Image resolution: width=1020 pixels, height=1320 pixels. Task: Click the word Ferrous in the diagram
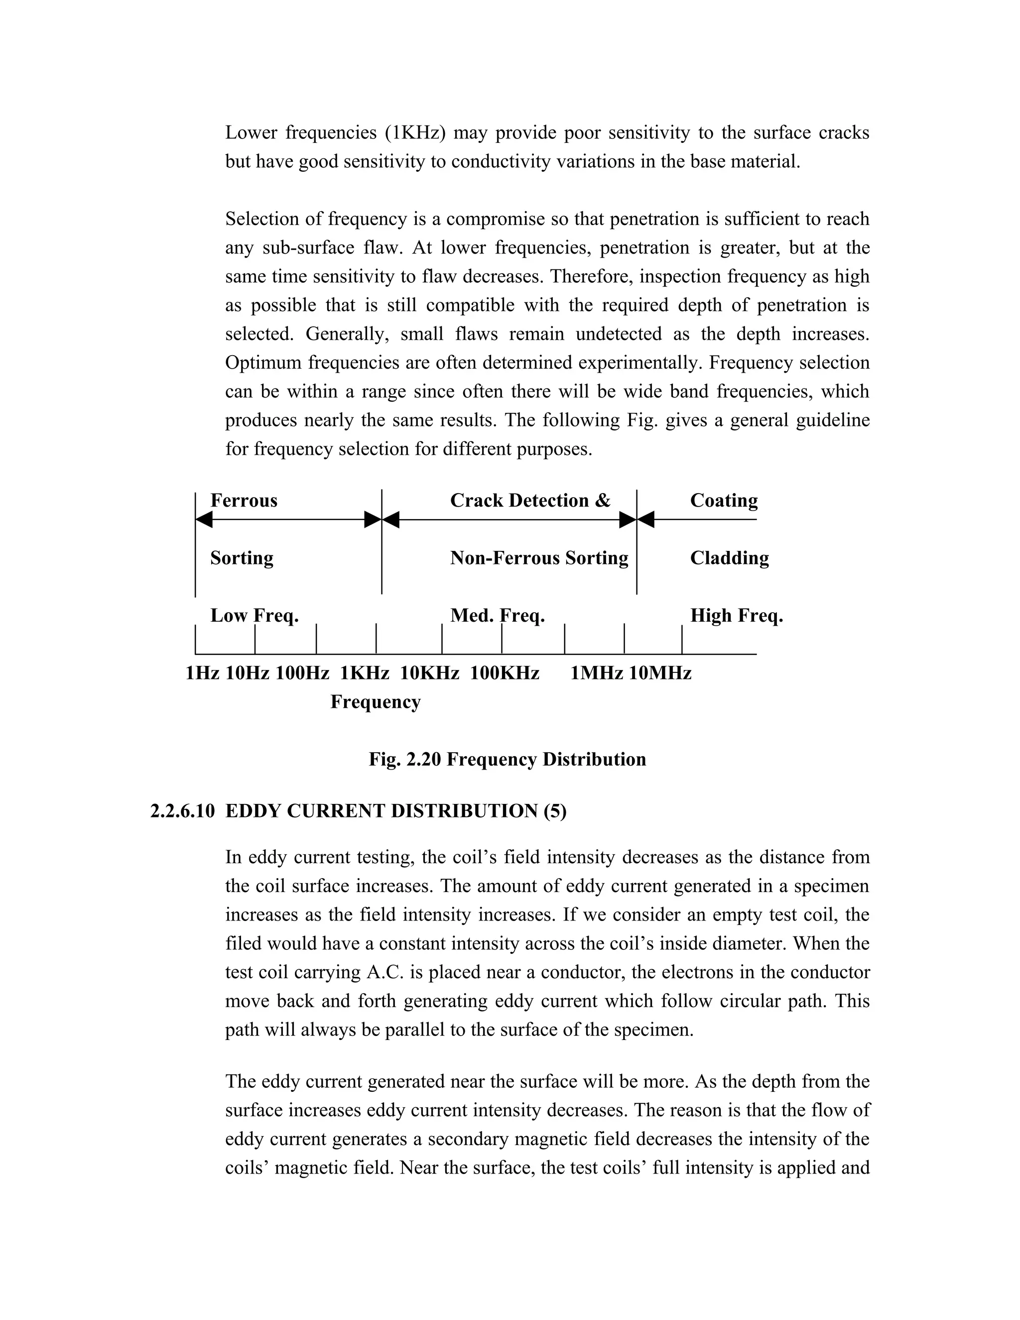pyautogui.click(x=244, y=501)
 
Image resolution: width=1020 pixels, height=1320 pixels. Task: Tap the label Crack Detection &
pyautogui.click(x=530, y=501)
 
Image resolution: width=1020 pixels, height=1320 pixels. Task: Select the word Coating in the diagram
pyautogui.click(x=723, y=501)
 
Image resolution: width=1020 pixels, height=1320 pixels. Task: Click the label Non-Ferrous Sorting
pyautogui.click(x=539, y=558)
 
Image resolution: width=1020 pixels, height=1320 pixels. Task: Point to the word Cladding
pyautogui.click(x=729, y=558)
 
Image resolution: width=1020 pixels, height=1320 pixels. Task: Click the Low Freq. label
pyautogui.click(x=255, y=616)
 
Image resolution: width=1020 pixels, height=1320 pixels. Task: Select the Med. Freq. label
pyautogui.click(x=498, y=616)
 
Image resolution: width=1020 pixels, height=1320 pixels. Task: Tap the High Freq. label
pyautogui.click(x=736, y=616)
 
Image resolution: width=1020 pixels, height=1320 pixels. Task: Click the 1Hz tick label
pyautogui.click(x=202, y=672)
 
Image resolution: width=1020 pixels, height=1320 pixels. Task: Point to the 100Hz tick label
pyautogui.click(x=302, y=672)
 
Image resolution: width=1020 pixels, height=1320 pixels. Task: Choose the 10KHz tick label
pyautogui.click(x=430, y=672)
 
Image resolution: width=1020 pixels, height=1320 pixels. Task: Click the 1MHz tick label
pyautogui.click(x=596, y=672)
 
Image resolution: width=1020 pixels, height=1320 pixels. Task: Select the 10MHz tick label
pyautogui.click(x=660, y=672)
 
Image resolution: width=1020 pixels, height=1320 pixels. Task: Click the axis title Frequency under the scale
pyautogui.click(x=375, y=702)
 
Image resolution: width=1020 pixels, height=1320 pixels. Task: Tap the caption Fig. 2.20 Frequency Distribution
pyautogui.click(x=508, y=759)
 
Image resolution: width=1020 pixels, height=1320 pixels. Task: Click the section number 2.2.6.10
pyautogui.click(x=182, y=810)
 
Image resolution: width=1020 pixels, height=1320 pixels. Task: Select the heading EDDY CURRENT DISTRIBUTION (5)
pyautogui.click(x=396, y=810)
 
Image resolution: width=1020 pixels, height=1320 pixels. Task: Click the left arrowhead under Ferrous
pyautogui.click(x=204, y=519)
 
